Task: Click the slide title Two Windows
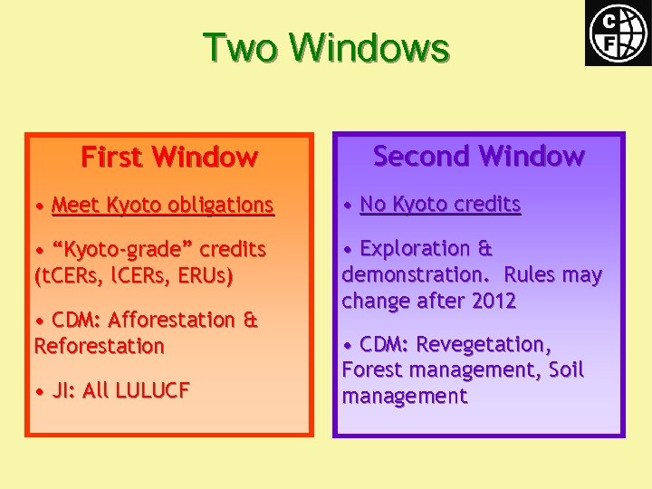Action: point(325,47)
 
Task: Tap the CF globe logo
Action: point(618,34)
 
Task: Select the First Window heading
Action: point(169,158)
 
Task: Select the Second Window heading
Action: point(479,157)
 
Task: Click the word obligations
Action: point(227,206)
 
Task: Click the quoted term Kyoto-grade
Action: point(122,249)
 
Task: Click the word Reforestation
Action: point(100,346)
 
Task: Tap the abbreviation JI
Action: point(62,391)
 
